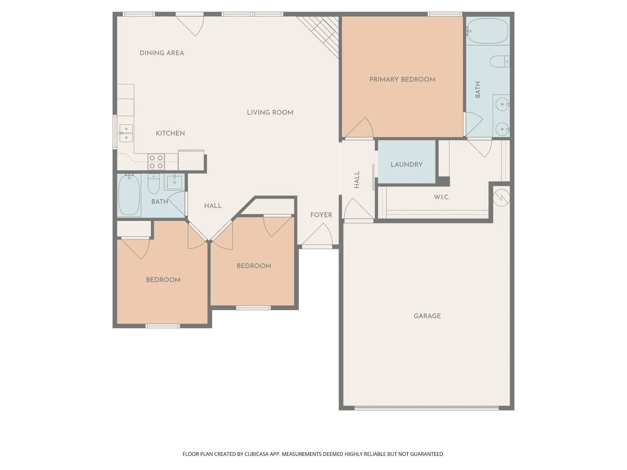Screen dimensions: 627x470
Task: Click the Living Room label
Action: point(270,113)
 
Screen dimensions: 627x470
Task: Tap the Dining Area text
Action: point(162,53)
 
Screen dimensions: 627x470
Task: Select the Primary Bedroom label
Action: point(402,80)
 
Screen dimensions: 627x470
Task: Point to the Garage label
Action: point(427,316)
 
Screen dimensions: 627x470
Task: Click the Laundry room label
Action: point(407,165)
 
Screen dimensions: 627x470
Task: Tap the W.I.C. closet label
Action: point(442,197)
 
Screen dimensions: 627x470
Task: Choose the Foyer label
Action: point(321,215)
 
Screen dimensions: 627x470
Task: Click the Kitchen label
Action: point(170,133)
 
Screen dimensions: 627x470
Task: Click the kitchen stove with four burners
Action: point(156,162)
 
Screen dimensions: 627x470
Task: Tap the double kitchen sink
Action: point(126,133)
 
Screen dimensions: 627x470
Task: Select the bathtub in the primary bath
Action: point(487,31)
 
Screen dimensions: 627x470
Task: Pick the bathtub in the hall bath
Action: point(129,195)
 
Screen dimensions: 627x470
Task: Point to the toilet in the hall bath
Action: point(153,184)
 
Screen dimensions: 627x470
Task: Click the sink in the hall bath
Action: point(175,182)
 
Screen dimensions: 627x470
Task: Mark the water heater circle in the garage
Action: point(501,198)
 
